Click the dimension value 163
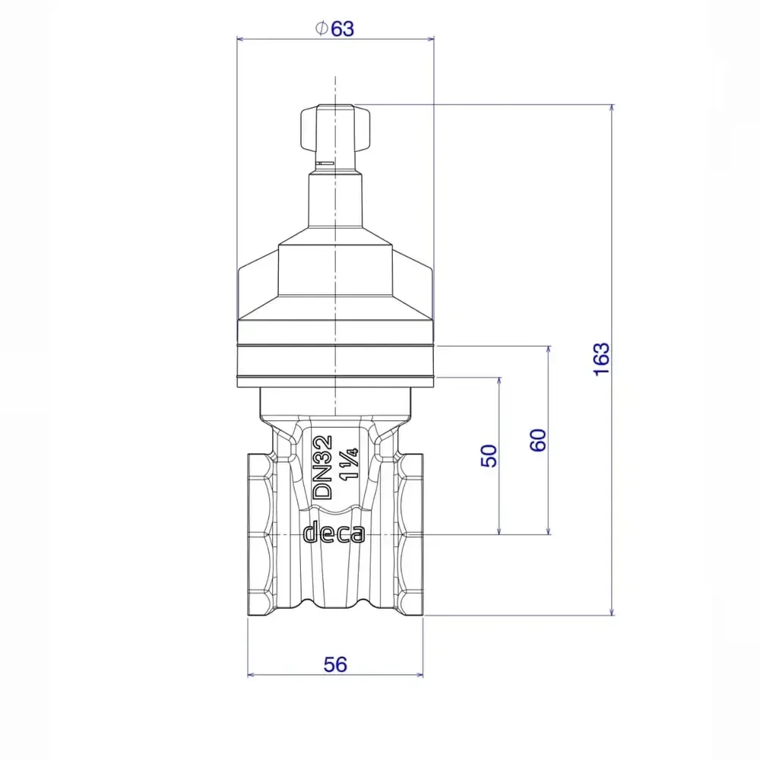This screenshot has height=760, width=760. (x=601, y=359)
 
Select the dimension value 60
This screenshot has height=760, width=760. (x=538, y=440)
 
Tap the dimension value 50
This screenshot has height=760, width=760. (x=490, y=454)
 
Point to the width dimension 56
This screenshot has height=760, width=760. (x=335, y=664)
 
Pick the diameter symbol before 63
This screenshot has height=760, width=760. (x=321, y=29)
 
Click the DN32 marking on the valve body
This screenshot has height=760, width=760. (x=323, y=467)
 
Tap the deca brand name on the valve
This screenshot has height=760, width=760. (x=334, y=533)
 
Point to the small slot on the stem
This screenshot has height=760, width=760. (x=325, y=163)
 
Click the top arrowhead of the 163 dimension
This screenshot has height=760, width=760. (x=613, y=109)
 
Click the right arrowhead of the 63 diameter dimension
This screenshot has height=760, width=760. (x=429, y=38)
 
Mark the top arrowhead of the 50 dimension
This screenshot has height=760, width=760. (x=499, y=381)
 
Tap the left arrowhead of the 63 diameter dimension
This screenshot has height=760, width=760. (x=241, y=38)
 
